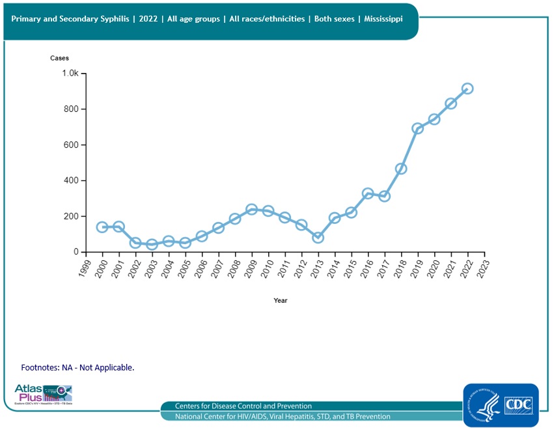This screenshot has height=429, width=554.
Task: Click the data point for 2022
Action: (467, 89)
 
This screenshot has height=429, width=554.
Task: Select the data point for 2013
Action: (318, 238)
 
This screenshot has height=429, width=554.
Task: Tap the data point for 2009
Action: (251, 210)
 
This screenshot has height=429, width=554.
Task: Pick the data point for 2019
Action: (417, 128)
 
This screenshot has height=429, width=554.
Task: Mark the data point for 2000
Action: (102, 227)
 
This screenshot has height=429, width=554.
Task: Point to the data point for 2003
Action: (152, 245)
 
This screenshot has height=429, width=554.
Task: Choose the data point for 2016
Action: (368, 194)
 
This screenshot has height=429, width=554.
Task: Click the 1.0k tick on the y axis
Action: (70, 74)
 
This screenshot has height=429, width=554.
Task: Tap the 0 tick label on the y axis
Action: (76, 252)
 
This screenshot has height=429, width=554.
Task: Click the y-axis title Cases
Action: (59, 58)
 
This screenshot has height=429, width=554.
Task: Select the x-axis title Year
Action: (280, 301)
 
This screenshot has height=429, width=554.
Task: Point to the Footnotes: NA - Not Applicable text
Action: (77, 368)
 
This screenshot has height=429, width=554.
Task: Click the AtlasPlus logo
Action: (43, 394)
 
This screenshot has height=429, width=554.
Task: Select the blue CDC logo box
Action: (501, 405)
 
